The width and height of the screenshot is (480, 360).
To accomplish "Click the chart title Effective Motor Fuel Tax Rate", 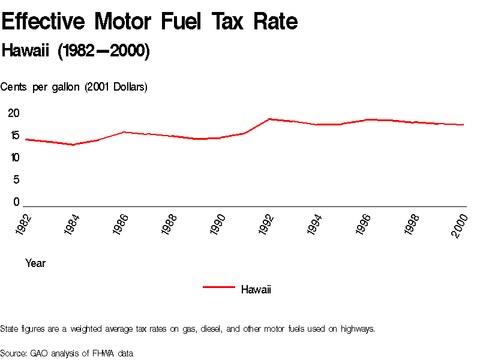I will tap(150, 22).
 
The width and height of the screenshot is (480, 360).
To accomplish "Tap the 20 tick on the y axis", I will tap(14, 113).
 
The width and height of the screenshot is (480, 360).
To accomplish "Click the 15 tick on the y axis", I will tap(14, 135).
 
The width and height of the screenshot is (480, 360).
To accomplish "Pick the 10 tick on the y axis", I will tap(14, 157).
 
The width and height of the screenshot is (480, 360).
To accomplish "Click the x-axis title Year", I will tap(35, 263).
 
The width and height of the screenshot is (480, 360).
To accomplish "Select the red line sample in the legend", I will tap(218, 287).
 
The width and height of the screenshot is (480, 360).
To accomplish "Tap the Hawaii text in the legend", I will tap(256, 290).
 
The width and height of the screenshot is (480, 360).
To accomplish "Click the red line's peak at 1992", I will tap(269, 119).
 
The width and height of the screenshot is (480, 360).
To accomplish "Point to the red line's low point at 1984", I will tap(73, 145).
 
